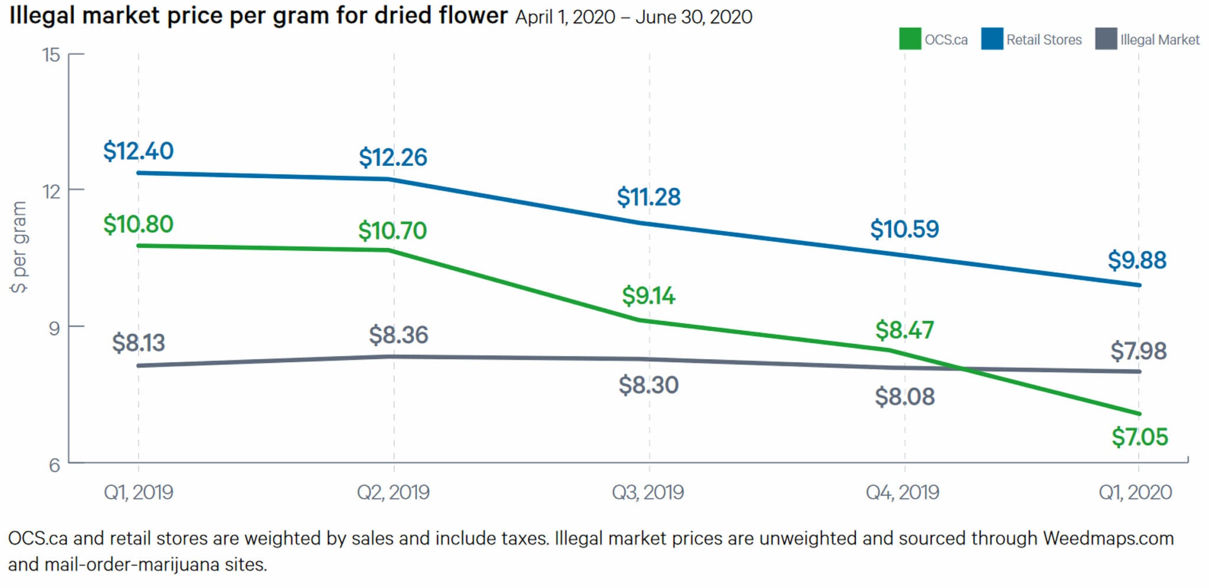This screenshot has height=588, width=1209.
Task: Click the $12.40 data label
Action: tap(138, 151)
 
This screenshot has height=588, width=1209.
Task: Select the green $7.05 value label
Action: tap(1139, 437)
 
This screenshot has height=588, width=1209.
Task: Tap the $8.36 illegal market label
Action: tap(398, 335)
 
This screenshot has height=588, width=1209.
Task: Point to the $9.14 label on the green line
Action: tap(648, 296)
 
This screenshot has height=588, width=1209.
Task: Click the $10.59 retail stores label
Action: tap(904, 229)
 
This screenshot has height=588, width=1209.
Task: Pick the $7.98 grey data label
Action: tap(1138, 351)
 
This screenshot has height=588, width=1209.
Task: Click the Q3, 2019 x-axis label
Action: tap(648, 492)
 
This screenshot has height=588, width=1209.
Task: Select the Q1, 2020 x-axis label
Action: tap(1135, 492)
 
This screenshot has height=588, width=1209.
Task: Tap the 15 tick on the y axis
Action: tap(51, 55)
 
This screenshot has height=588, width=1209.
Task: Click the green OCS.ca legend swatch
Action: tap(910, 39)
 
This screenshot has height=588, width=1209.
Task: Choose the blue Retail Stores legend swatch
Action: tap(992, 39)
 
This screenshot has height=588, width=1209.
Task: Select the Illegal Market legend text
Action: tap(1159, 40)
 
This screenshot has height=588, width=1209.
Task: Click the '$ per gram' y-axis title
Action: tap(19, 247)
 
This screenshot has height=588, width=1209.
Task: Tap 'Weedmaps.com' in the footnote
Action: tap(1108, 538)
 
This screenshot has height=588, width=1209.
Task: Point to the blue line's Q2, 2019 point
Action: tap(394, 179)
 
